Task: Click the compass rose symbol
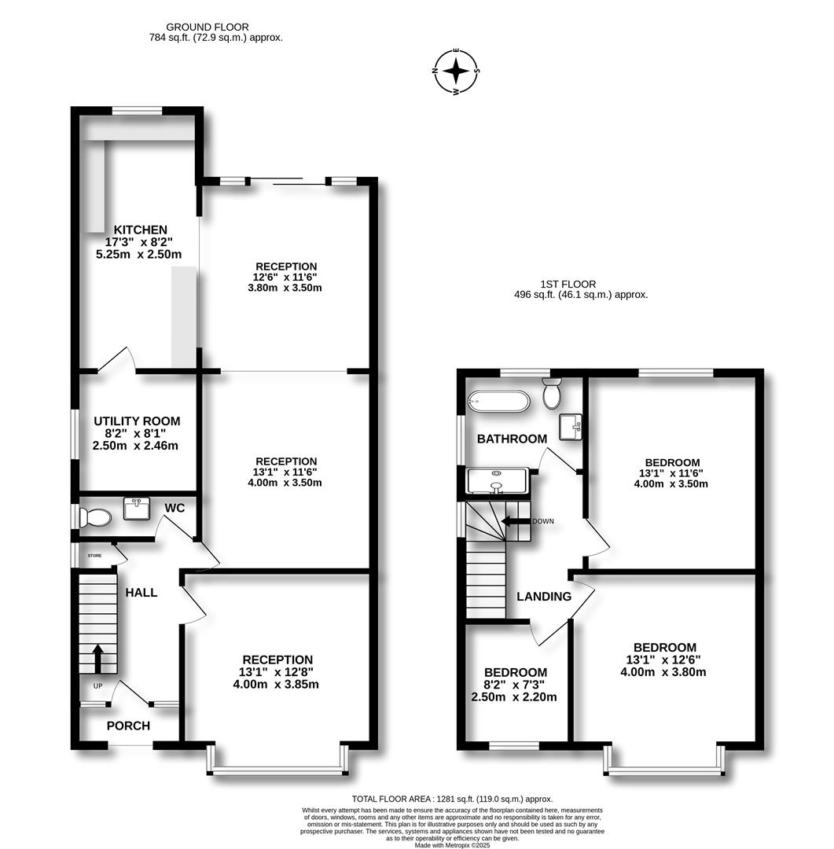(x=456, y=72)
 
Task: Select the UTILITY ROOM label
(x=137, y=421)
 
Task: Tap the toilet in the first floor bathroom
(x=552, y=392)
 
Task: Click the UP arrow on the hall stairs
(x=98, y=659)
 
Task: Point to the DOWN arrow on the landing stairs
(x=516, y=521)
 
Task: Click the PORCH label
(x=128, y=726)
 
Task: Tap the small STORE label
(x=94, y=556)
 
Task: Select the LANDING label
(x=544, y=597)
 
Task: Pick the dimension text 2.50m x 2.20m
(x=514, y=696)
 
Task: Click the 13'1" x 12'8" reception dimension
(x=277, y=672)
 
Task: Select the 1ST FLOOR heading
(x=568, y=284)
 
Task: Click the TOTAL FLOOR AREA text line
(x=452, y=798)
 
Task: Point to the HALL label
(x=141, y=593)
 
